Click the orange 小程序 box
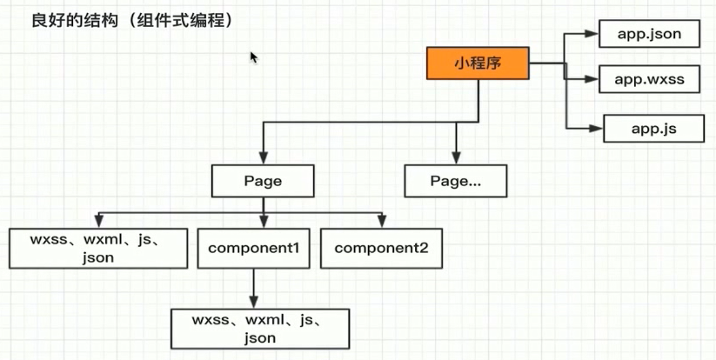coord(478,63)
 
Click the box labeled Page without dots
coord(262,181)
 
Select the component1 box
coord(253,248)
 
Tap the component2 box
coord(381,248)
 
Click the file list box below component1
coord(259,328)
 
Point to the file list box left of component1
coord(98,248)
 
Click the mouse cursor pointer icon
coord(253,57)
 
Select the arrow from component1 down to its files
coord(253,287)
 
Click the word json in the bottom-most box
coord(259,337)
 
